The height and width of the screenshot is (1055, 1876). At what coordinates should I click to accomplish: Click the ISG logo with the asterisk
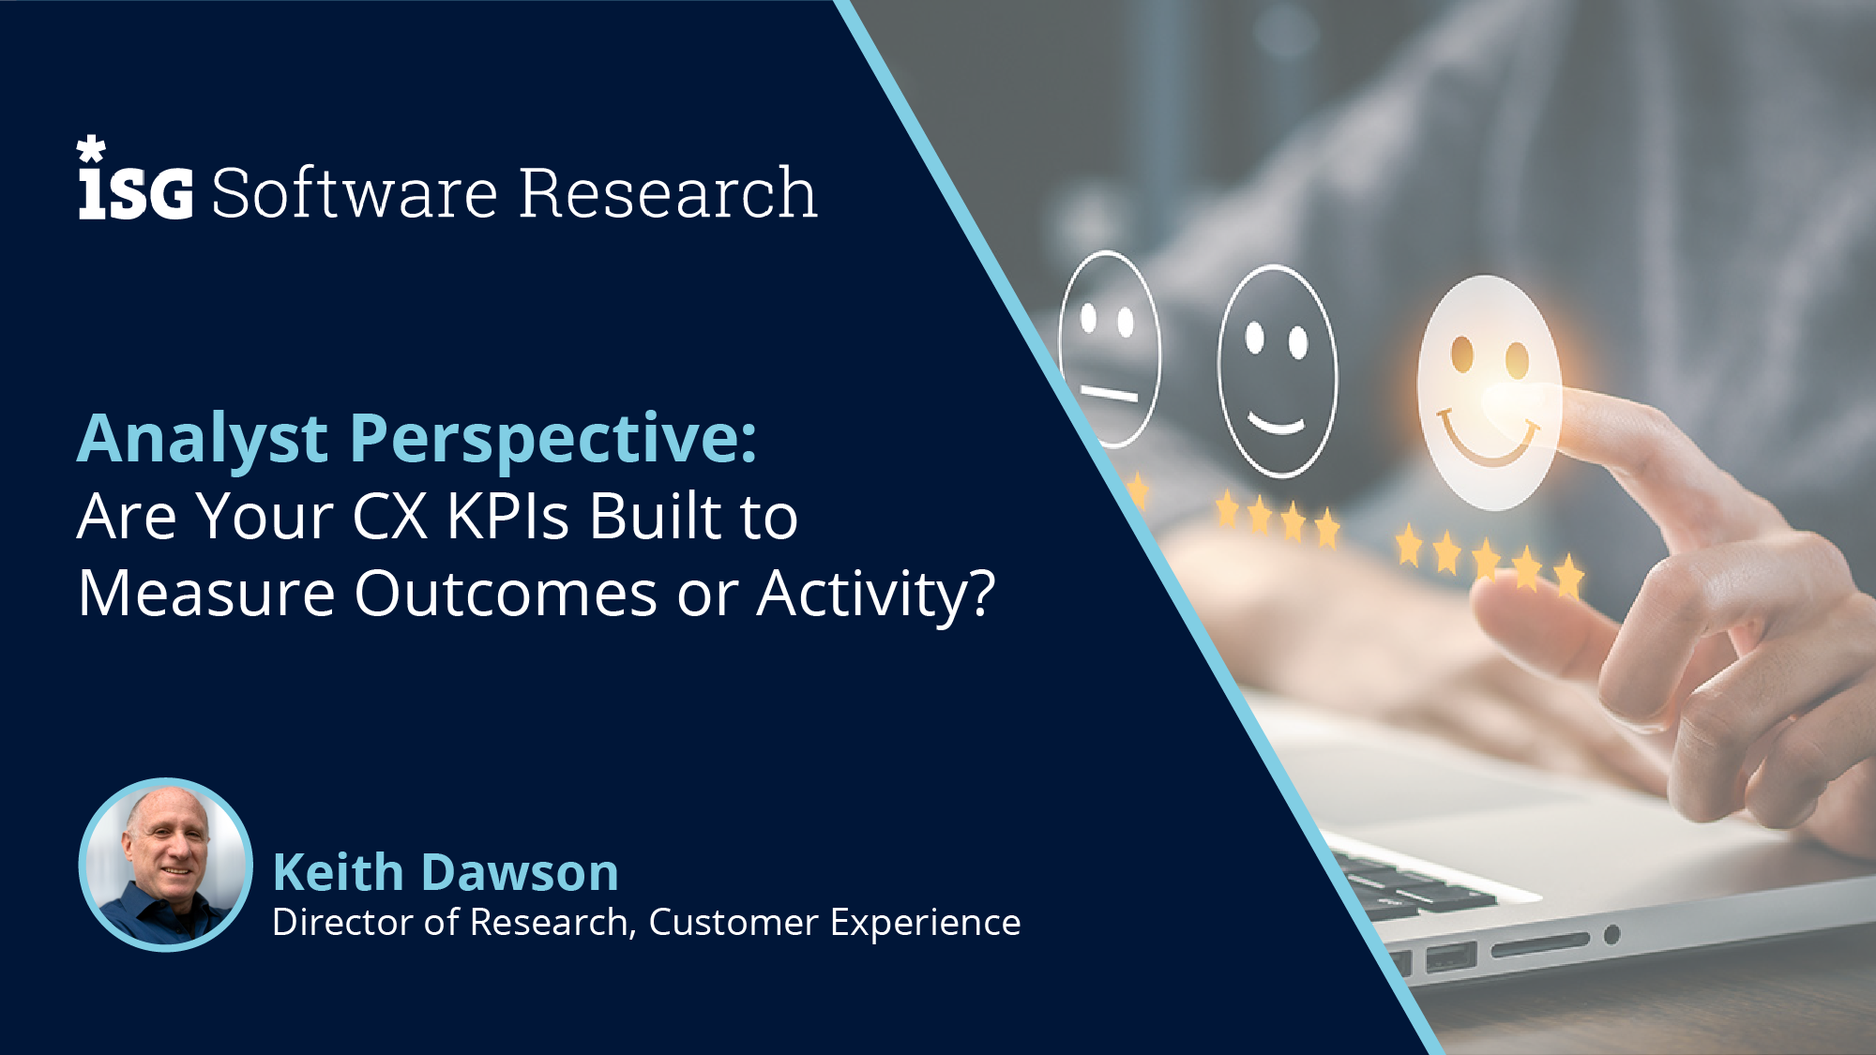tap(134, 183)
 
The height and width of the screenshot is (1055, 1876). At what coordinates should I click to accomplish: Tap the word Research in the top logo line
tap(668, 193)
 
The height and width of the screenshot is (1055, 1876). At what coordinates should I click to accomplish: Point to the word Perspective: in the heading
tap(553, 439)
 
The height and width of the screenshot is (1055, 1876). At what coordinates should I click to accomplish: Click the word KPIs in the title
tap(507, 517)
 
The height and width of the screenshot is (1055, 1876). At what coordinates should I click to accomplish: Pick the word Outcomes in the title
tap(506, 594)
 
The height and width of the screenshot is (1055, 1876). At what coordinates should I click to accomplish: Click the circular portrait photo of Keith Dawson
tap(166, 865)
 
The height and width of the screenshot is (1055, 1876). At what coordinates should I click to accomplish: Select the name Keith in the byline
tap(338, 872)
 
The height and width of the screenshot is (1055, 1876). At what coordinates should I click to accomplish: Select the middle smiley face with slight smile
tap(1278, 372)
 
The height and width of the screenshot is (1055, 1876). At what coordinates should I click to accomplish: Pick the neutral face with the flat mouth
tap(1111, 350)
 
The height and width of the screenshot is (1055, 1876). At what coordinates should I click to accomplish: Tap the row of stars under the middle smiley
tap(1277, 519)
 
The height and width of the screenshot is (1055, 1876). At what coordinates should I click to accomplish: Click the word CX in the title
tap(390, 517)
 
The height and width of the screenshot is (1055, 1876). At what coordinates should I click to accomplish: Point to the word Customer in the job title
tap(734, 923)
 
